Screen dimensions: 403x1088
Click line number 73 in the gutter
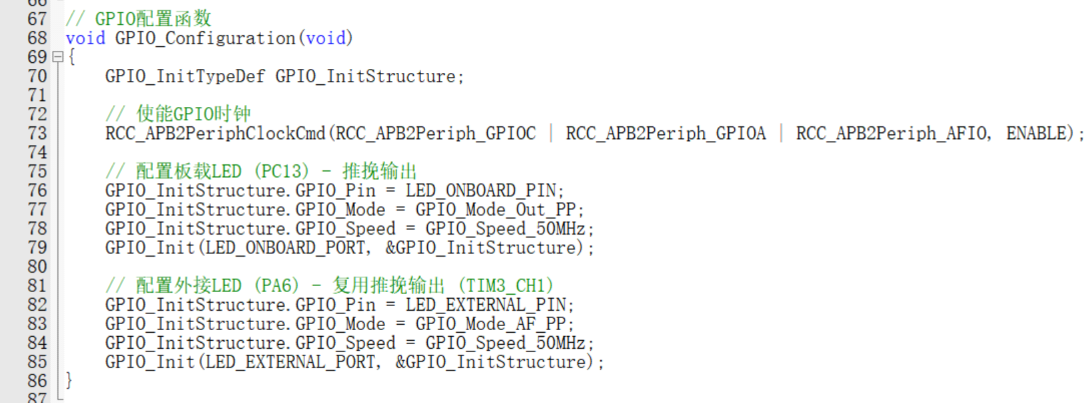[37, 133]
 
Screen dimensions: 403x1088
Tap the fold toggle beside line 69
[58, 57]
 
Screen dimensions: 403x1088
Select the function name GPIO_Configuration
[205, 38]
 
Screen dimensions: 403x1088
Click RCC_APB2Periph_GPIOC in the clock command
[435, 134]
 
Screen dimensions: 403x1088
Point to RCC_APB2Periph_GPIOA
[665, 134]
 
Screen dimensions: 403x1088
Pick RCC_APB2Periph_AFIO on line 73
[891, 134]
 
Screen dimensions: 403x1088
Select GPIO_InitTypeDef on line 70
[185, 76]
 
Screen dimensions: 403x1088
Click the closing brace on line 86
[69, 381]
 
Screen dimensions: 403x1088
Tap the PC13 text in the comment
[285, 172]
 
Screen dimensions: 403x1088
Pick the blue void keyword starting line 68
[85, 38]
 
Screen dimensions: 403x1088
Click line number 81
[37, 285]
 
